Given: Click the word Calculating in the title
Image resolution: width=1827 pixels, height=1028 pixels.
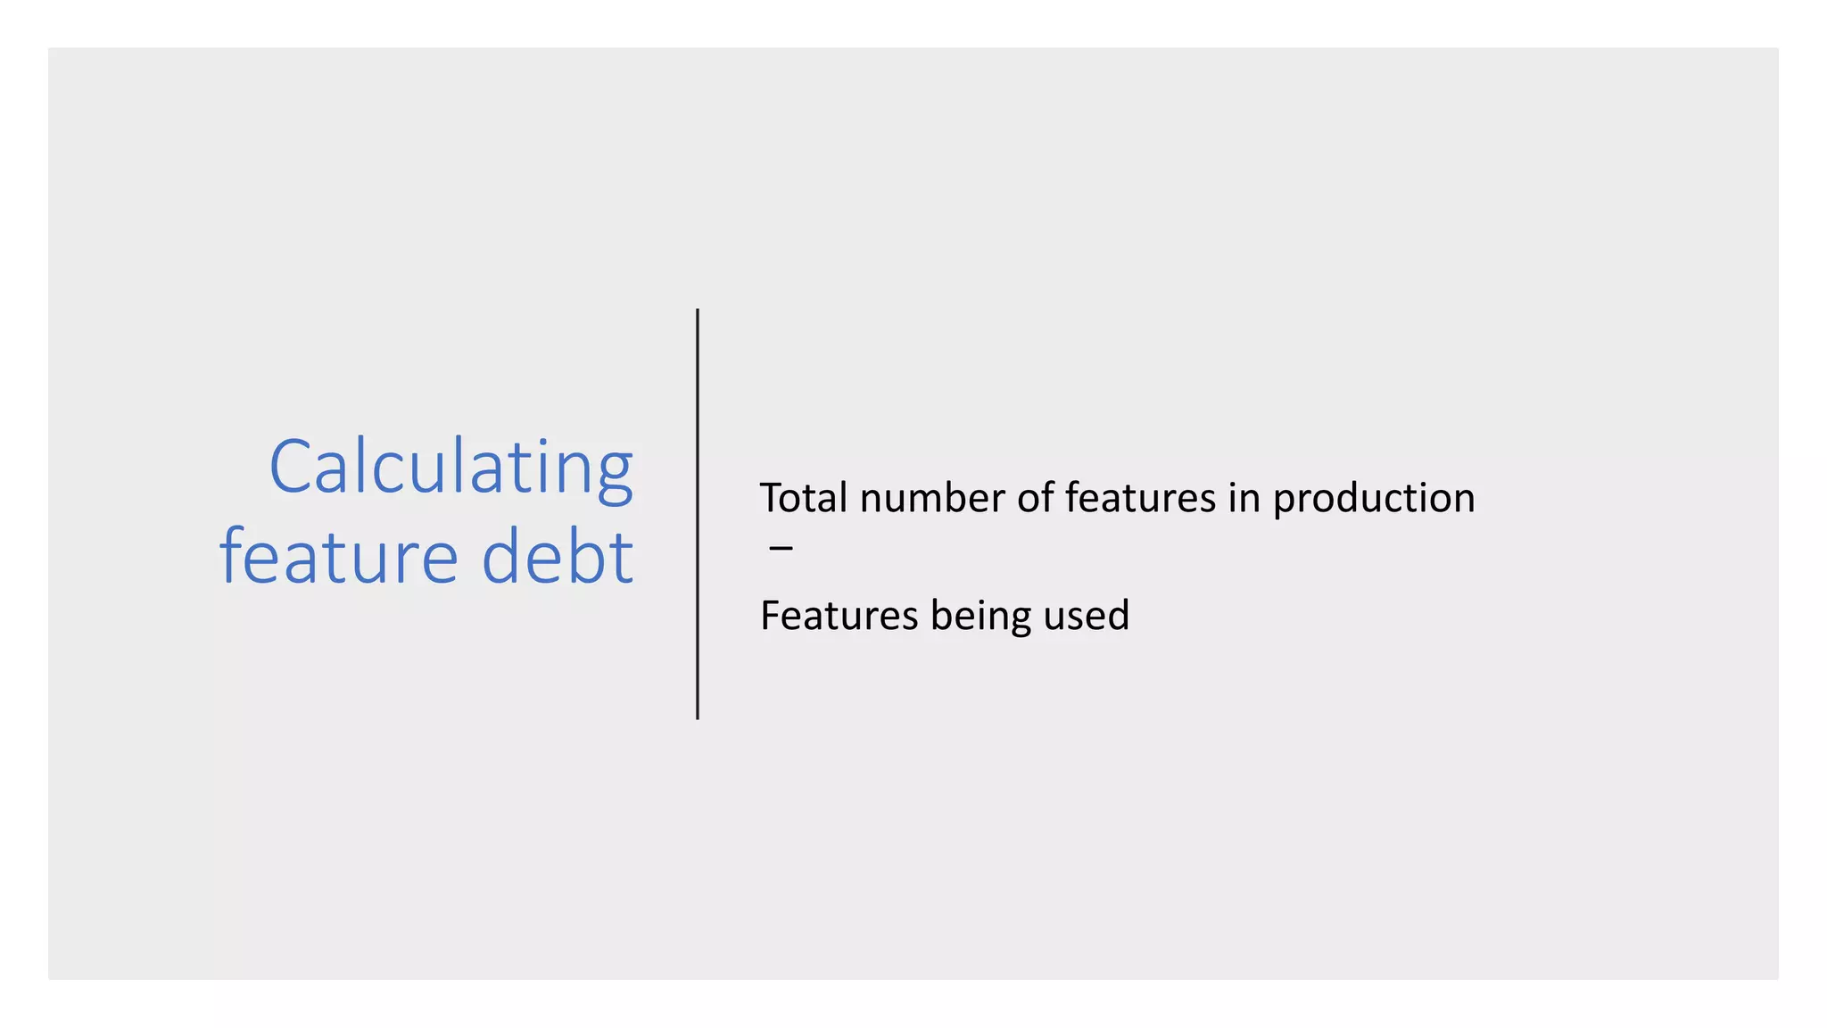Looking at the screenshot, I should click(451, 468).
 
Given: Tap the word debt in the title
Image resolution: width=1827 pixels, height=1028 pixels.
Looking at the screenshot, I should click(558, 557).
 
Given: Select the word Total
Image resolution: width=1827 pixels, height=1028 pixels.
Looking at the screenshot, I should click(803, 498).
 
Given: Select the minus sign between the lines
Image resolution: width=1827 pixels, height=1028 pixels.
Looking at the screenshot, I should click(781, 547).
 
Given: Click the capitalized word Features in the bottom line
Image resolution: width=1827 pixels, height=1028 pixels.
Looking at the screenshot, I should click(839, 616).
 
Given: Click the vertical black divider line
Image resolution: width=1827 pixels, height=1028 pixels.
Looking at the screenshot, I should click(698, 514).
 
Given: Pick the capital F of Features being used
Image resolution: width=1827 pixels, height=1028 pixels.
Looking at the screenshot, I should click(771, 616).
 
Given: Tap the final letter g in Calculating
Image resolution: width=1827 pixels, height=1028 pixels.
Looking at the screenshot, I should click(614, 477).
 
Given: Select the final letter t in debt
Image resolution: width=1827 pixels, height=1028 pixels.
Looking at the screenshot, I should click(624, 557).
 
